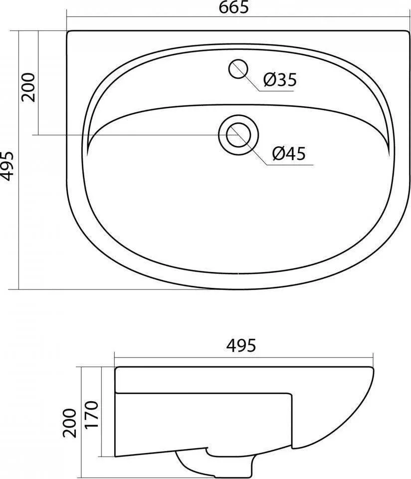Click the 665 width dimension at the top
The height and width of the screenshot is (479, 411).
point(234,7)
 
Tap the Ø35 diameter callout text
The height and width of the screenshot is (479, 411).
point(280,80)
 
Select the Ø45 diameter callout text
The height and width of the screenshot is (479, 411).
point(289,153)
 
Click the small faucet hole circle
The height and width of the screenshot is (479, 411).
point(238,68)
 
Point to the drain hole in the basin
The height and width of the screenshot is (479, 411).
point(238,135)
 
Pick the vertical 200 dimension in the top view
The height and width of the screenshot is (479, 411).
point(28,87)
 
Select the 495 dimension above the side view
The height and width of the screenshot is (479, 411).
point(241,345)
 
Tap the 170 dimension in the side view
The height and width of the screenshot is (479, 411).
point(92,415)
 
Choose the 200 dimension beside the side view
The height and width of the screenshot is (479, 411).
point(70,423)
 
